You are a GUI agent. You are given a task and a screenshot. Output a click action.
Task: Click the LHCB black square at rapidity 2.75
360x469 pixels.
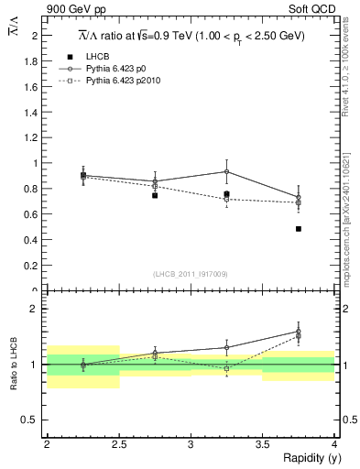pyautogui.click(x=155, y=195)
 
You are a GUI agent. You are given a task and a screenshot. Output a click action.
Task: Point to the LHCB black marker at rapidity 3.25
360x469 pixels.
pyautogui.click(x=226, y=193)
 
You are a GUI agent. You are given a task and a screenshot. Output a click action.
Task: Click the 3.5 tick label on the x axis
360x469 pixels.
pyautogui.click(x=263, y=442)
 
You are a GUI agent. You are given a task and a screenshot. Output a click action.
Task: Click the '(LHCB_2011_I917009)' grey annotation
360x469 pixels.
pyautogui.click(x=191, y=274)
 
